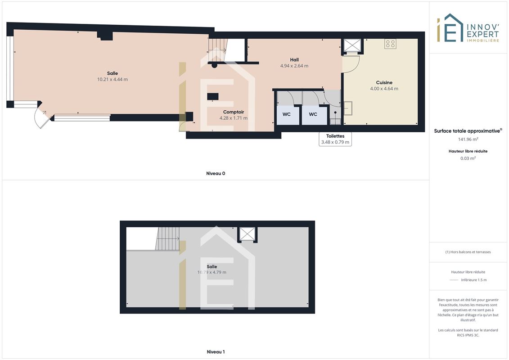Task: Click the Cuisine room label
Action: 384,82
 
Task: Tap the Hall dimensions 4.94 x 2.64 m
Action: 294,66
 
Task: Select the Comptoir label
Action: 234,112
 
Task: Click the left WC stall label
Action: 287,114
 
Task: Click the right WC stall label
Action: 313,114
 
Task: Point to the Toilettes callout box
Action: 335,139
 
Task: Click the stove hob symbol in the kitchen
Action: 390,44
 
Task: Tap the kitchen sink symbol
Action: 348,108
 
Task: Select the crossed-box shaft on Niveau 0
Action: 352,45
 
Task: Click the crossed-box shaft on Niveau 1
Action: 248,234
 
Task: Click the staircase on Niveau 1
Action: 167,238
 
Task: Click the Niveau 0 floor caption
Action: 216,173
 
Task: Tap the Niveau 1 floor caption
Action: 216,351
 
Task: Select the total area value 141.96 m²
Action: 468,139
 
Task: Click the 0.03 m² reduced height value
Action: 468,158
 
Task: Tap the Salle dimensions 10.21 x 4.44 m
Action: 113,79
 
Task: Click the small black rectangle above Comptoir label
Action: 213,96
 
